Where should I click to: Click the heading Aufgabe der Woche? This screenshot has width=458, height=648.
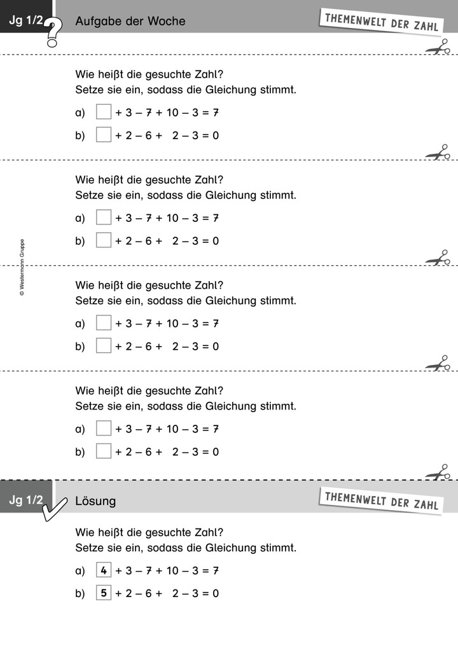(130, 21)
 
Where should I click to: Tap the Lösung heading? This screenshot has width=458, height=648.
(95, 501)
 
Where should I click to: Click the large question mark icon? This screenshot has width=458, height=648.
(53, 32)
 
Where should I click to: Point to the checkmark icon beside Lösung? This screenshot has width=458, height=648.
(55, 509)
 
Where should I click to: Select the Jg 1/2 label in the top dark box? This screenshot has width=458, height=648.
(26, 20)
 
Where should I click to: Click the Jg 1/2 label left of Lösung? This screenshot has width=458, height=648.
(26, 500)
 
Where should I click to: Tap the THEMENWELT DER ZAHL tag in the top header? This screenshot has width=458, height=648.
(381, 22)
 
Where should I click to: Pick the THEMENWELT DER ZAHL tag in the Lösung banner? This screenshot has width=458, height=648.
(381, 500)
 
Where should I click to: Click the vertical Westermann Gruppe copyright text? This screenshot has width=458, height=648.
(22, 267)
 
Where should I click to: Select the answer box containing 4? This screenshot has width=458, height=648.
(104, 570)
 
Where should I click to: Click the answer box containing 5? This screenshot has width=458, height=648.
(104, 593)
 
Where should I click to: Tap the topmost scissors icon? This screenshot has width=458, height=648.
(438, 46)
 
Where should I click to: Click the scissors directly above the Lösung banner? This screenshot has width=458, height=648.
(438, 472)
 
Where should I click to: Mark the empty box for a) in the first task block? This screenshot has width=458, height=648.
(104, 112)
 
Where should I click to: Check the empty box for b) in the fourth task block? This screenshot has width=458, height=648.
(104, 452)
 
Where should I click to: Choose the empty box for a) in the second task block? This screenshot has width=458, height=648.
(104, 217)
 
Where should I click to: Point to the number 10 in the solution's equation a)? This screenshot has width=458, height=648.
(172, 570)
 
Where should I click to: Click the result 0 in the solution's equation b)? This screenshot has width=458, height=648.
(216, 593)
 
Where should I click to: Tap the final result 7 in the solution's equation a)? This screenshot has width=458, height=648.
(216, 570)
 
